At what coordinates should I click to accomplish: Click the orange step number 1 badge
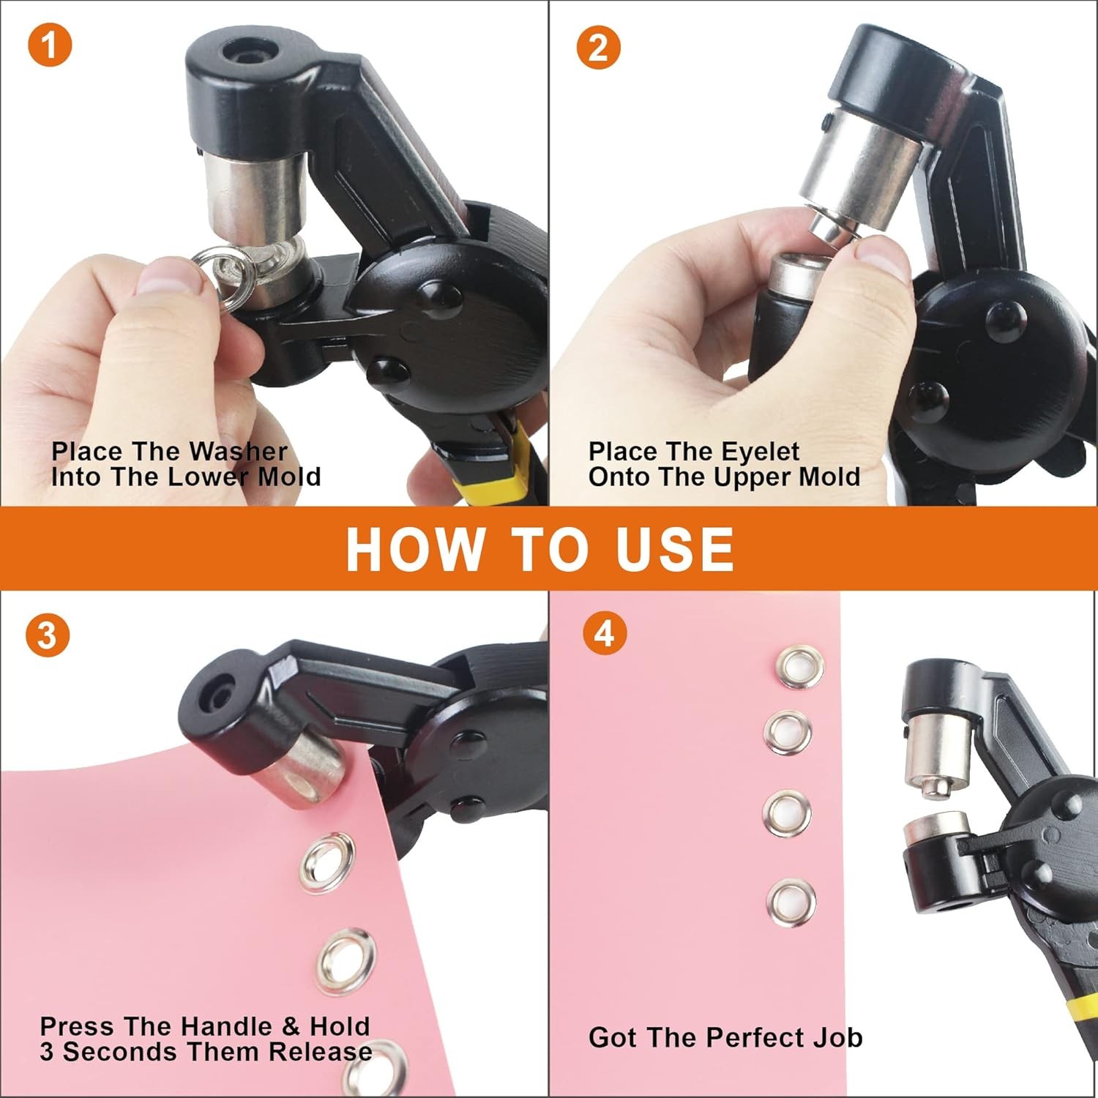click(x=50, y=45)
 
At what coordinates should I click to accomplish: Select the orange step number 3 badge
click(x=48, y=635)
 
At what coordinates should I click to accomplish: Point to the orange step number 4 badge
click(x=605, y=633)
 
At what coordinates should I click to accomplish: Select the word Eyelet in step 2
click(x=761, y=452)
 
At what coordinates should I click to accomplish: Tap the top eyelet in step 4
click(x=801, y=666)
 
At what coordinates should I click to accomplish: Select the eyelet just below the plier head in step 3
click(x=327, y=866)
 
